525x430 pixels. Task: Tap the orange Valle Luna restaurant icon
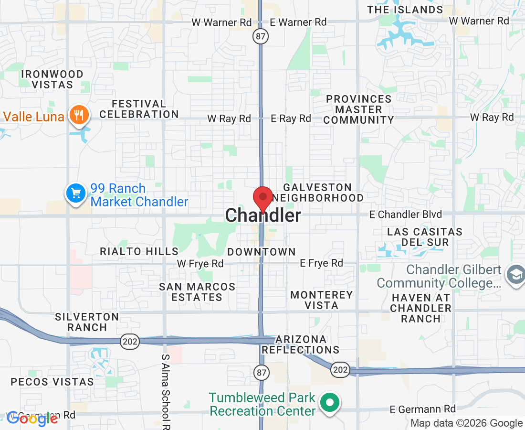pos(77,115)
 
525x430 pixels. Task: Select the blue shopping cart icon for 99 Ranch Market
pos(75,193)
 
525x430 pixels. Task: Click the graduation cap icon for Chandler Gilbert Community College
pos(515,276)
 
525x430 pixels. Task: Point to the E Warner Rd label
pos(298,22)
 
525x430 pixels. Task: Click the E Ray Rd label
pos(291,118)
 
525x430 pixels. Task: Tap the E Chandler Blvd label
pos(406,215)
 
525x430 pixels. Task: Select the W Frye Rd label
pos(200,263)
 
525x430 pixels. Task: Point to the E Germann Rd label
pos(423,409)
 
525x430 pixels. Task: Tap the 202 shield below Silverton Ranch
pos(130,341)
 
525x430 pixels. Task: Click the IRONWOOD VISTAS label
pos(52,79)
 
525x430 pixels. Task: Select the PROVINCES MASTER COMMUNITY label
pos(358,109)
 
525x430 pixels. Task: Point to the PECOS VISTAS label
pos(52,382)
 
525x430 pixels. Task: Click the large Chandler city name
pos(263,215)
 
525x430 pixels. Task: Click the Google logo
pos(32,419)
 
